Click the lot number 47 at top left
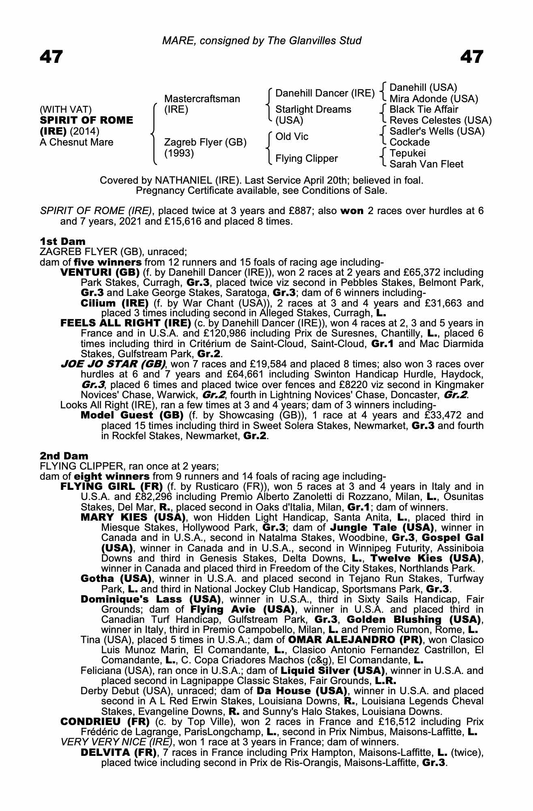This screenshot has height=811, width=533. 51,57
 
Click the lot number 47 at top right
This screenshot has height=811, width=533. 472,57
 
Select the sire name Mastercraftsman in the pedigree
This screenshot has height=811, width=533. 202,99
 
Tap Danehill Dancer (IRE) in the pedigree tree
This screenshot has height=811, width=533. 325,93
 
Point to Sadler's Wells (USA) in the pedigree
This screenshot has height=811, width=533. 437,131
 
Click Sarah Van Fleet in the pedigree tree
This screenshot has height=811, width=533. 426,164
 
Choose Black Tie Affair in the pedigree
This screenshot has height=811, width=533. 423,109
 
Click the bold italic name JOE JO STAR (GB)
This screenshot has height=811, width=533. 113,364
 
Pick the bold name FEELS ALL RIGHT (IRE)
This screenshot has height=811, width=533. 125,323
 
